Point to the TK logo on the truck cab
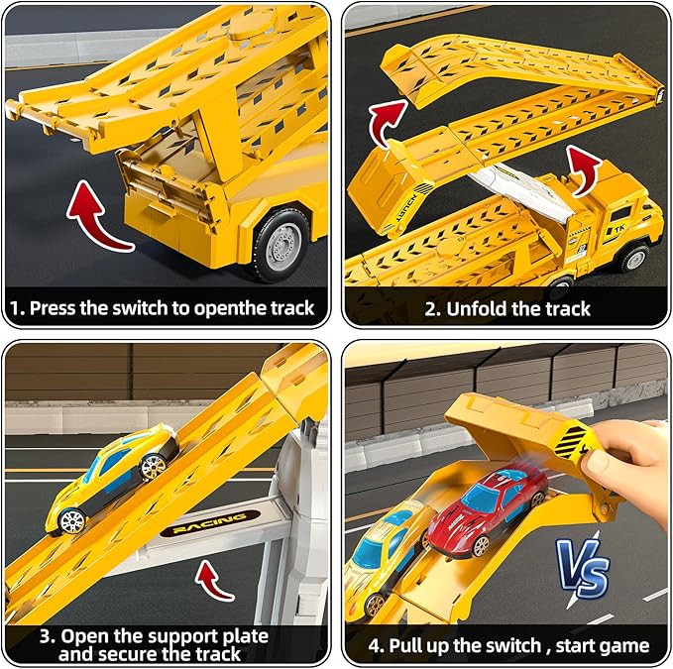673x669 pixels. (617, 230)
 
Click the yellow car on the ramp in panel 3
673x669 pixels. (112, 480)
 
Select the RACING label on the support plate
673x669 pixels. (210, 523)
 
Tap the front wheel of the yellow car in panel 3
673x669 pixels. (71, 521)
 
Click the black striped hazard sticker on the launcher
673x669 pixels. (571, 442)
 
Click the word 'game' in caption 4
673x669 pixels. (626, 646)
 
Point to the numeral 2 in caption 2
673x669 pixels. (429, 309)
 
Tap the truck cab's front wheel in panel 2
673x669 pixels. (633, 258)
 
